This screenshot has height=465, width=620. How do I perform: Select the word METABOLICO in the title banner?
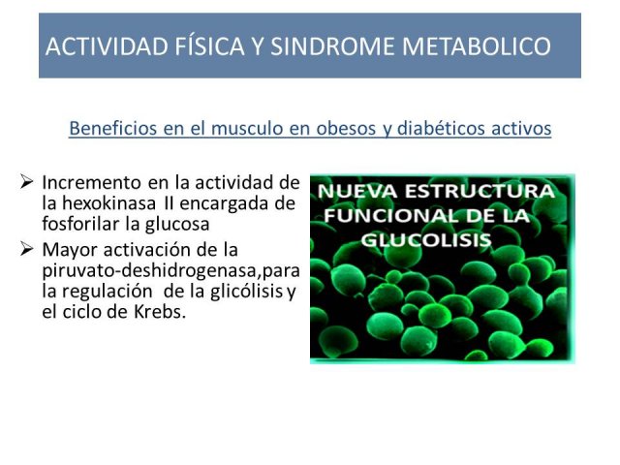pos(476,46)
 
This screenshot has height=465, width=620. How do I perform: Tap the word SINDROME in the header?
pos(332,46)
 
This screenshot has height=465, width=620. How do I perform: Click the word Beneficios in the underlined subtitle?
pos(113,128)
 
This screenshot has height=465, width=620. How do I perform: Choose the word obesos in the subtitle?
pos(345,128)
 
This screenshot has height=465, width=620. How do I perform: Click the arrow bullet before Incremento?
pos(26,182)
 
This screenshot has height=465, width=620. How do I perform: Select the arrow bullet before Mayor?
pos(26,250)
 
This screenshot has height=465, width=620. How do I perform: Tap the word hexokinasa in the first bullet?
pos(108,203)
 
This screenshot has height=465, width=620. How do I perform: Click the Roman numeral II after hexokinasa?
pos(168,203)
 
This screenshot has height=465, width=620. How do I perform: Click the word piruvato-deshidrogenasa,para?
pos(170,271)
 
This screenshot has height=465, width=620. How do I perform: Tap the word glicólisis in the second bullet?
pos(246,292)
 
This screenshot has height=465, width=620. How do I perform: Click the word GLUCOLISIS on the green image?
pos(426,239)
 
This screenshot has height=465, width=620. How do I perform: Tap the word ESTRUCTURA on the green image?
pos(480,192)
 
